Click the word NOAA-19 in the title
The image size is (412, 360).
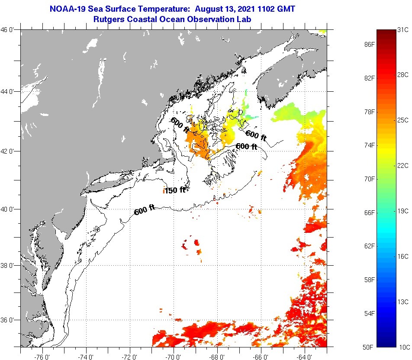pyautogui.click(x=67, y=9)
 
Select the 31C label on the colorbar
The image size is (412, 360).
pyautogui.click(x=403, y=30)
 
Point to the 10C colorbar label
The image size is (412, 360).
pyautogui.click(x=403, y=347)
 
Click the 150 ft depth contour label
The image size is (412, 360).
pyautogui.click(x=175, y=190)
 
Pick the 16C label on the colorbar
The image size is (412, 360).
pyautogui.click(x=403, y=256)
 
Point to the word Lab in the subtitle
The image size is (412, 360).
pyautogui.click(x=245, y=19)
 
